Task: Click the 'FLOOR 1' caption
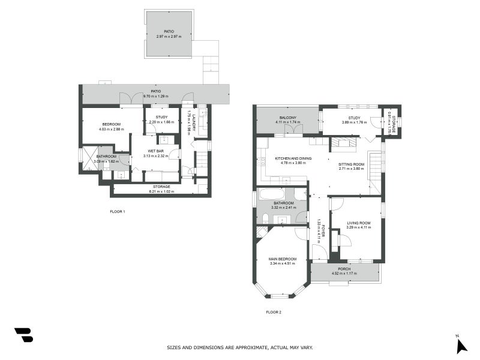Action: coord(118,211)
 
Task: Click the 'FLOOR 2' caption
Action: coord(274,312)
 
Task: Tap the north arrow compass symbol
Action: coord(461,345)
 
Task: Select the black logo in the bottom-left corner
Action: coord(23,335)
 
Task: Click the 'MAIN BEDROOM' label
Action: coord(284,259)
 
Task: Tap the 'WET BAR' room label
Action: coord(153,152)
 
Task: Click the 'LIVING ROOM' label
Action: coord(359,223)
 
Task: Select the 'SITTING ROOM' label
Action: coord(351,164)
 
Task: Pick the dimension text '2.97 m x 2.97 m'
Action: coord(169,37)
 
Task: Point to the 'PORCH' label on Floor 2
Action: coord(344,269)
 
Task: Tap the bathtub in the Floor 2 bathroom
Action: coord(273,194)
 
